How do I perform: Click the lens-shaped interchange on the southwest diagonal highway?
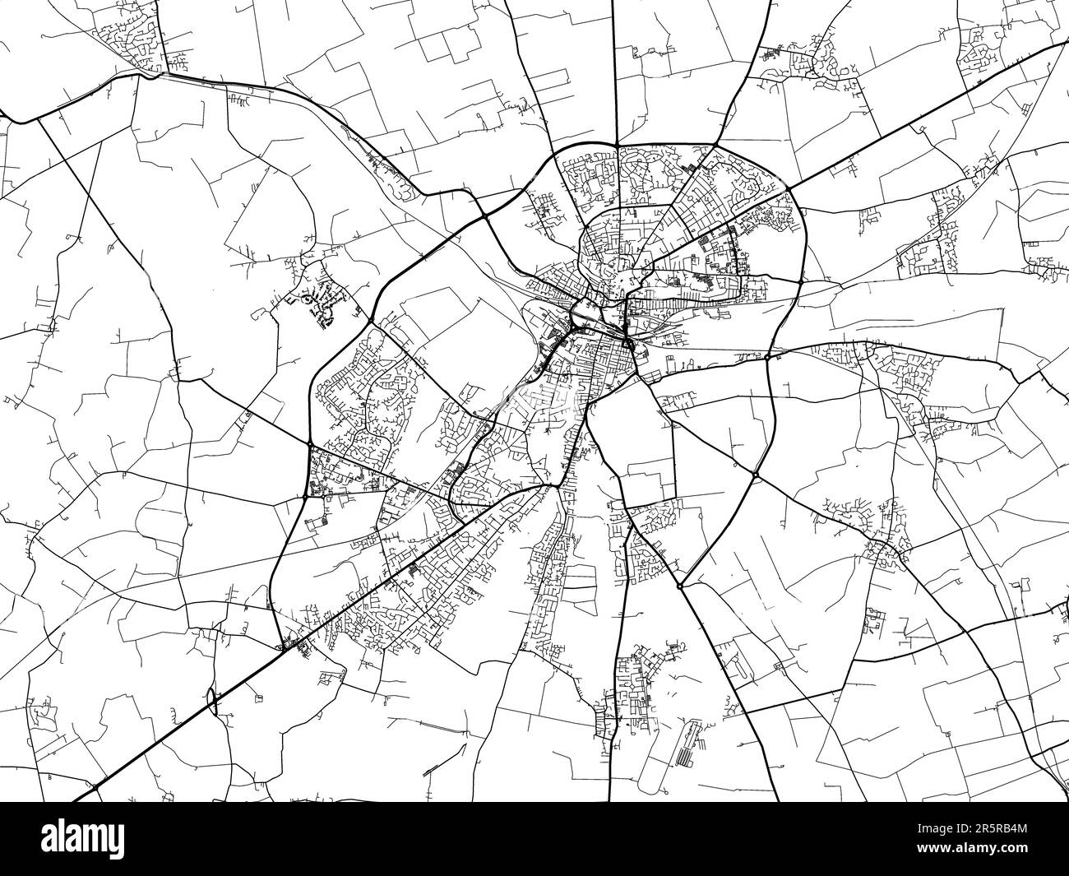(x=211, y=702)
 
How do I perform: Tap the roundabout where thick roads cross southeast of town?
(x=755, y=475)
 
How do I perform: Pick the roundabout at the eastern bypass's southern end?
(x=679, y=586)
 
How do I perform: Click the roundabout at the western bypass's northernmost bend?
(x=372, y=319)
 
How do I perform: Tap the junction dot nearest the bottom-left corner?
(x=96, y=787)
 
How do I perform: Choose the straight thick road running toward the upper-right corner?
(x=929, y=115)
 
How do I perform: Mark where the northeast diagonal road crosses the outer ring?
(x=788, y=190)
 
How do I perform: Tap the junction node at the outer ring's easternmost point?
(x=801, y=281)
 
